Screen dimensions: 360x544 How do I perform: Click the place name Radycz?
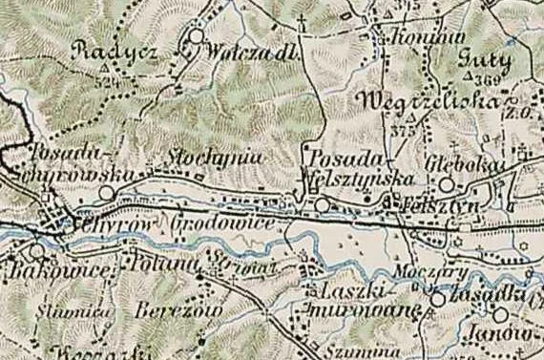[115, 53]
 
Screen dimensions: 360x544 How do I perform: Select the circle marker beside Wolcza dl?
[197, 37]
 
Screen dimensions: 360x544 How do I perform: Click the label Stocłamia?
[201, 157]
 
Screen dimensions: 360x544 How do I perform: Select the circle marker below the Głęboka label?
[446, 185]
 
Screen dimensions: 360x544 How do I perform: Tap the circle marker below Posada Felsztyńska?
[323, 204]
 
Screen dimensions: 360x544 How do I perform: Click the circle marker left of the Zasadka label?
[437, 299]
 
